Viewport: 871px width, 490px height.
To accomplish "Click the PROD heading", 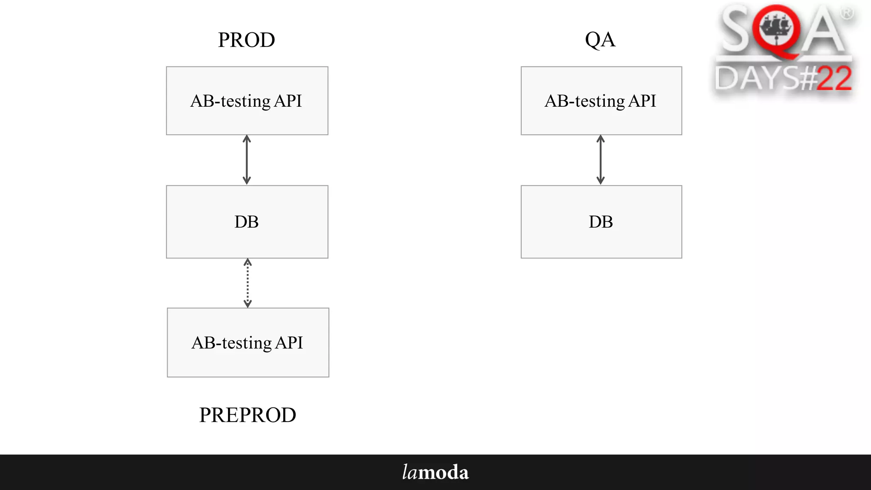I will pyautogui.click(x=246, y=40).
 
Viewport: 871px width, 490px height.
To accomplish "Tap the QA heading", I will pyautogui.click(x=600, y=40).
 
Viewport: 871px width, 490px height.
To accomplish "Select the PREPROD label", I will pyautogui.click(x=248, y=415).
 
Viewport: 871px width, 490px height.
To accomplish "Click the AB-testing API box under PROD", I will pyautogui.click(x=247, y=101).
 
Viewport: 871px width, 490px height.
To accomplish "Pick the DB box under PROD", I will pyautogui.click(x=247, y=222).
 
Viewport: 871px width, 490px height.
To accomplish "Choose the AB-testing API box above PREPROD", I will pyautogui.click(x=248, y=342).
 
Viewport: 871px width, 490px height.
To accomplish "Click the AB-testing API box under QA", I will pyautogui.click(x=601, y=101).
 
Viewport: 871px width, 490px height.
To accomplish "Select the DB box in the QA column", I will pyautogui.click(x=601, y=222).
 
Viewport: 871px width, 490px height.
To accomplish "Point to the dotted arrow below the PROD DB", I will pyautogui.click(x=248, y=283).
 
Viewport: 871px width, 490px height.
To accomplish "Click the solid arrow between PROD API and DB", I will pyautogui.click(x=247, y=160).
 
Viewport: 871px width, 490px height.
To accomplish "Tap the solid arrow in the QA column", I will pyautogui.click(x=601, y=160).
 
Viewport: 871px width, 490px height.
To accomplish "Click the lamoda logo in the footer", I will pyautogui.click(x=435, y=472).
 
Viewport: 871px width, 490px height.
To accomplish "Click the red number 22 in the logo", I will pyautogui.click(x=834, y=79).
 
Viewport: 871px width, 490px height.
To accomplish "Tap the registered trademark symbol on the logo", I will pyautogui.click(x=847, y=14).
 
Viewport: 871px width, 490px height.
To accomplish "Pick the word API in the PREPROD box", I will pyautogui.click(x=289, y=342).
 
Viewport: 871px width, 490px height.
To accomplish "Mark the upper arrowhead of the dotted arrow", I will pyautogui.click(x=248, y=262).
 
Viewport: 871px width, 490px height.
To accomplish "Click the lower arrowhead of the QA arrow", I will pyautogui.click(x=601, y=181).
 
